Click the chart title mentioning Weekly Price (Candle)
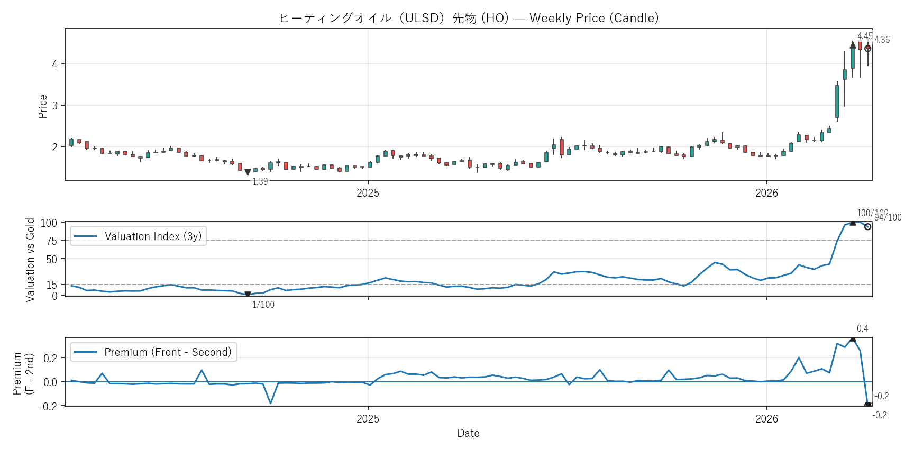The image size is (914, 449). [x=469, y=18]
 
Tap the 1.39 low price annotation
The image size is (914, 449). [x=260, y=181]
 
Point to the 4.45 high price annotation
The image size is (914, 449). [x=865, y=36]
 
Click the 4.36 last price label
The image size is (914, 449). [x=882, y=40]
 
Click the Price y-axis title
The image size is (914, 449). [x=43, y=106]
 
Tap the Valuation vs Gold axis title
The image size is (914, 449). [x=30, y=260]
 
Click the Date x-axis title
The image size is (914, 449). [x=468, y=433]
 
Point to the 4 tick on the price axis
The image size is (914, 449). [x=54, y=64]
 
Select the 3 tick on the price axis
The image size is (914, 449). [x=54, y=105]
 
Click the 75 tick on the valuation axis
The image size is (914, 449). [x=51, y=241]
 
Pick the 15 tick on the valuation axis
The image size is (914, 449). [x=51, y=285]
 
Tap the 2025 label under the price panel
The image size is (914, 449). [x=368, y=193]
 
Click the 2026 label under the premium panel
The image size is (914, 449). [x=766, y=419]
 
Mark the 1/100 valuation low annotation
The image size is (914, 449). [x=263, y=305]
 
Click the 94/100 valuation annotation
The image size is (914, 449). [x=888, y=217]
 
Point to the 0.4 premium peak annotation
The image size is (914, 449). [x=862, y=328]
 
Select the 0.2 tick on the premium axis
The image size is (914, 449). [x=51, y=358]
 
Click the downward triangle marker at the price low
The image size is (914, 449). [x=248, y=172]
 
